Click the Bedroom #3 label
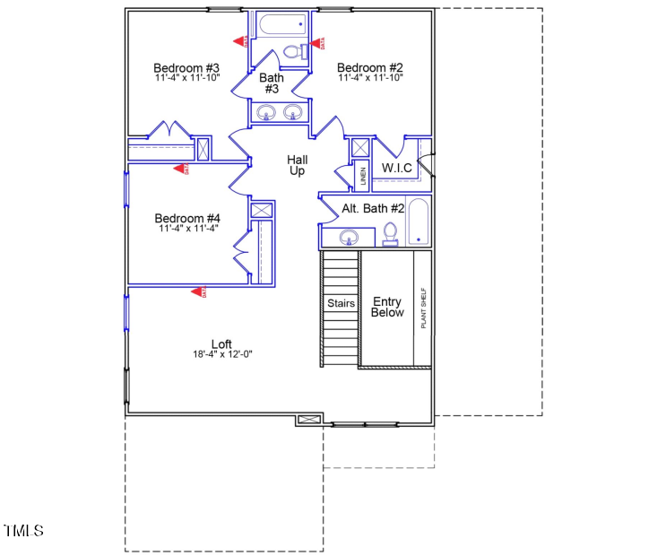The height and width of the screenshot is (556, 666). click(x=186, y=67)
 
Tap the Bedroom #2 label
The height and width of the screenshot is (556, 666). click(x=370, y=67)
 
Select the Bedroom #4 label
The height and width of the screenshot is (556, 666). click(x=187, y=218)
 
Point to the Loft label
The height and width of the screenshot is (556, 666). click(x=221, y=343)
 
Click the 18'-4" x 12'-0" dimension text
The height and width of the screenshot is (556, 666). click(x=222, y=354)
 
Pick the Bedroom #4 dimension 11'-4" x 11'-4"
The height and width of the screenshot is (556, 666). click(x=188, y=229)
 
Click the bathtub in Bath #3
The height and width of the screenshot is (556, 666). click(x=281, y=24)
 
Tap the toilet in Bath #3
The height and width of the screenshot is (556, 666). click(x=293, y=52)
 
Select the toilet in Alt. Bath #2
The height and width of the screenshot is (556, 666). click(x=390, y=233)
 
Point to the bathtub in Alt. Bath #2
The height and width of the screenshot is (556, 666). click(x=419, y=222)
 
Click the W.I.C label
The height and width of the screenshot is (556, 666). click(x=396, y=168)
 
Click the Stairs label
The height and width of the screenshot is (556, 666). click(x=341, y=303)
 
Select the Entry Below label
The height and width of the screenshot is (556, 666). click(x=388, y=308)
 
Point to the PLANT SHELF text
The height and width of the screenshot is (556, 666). click(x=423, y=308)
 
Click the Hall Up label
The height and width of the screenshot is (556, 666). click(x=297, y=165)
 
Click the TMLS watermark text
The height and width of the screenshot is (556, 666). click(x=23, y=531)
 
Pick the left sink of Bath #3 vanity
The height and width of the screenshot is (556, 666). click(x=265, y=113)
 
